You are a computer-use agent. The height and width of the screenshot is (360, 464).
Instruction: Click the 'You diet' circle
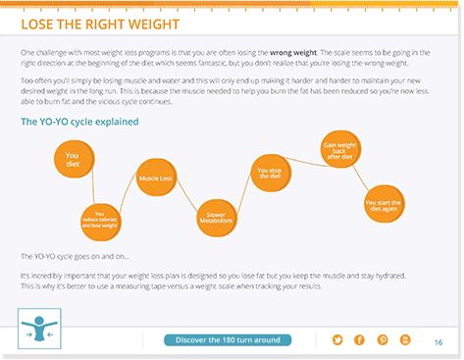coord(72,157)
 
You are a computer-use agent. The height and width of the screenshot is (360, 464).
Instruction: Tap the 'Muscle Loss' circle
coord(156,179)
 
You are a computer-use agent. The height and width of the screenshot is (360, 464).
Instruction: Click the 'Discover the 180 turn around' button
coord(228,339)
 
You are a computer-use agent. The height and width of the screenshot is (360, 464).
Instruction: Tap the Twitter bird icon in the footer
coord(337,339)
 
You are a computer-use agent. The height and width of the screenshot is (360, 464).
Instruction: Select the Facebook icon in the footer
coord(359,339)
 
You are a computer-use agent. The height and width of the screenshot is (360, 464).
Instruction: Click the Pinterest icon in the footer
coord(382,339)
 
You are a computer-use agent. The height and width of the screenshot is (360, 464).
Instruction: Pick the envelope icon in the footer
coord(404,339)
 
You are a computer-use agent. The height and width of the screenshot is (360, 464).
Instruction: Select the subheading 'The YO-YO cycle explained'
coord(79,122)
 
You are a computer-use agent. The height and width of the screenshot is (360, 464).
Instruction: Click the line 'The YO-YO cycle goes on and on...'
coord(75,256)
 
